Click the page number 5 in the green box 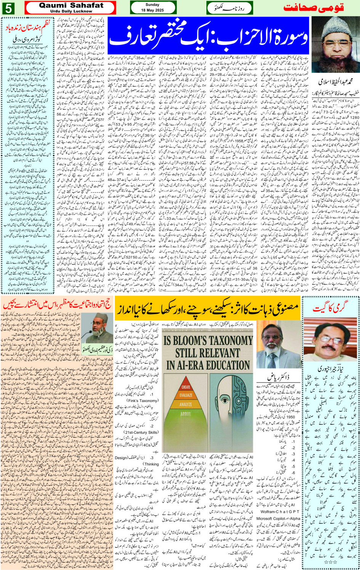[8, 7]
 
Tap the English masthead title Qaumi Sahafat [71, 5]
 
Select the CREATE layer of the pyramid [186, 387]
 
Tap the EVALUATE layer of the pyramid [186, 395]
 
